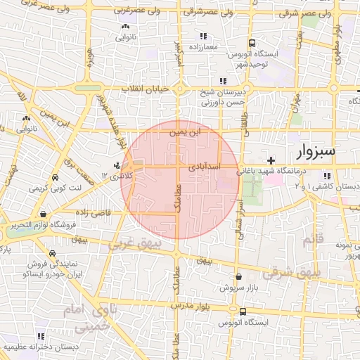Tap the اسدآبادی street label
[x=205, y=167]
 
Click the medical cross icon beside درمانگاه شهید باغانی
[x=271, y=160]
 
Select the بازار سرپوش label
[x=234, y=288]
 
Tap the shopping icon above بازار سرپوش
[x=239, y=277]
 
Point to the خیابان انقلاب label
[x=141, y=89]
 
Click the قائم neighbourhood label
[x=309, y=241]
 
